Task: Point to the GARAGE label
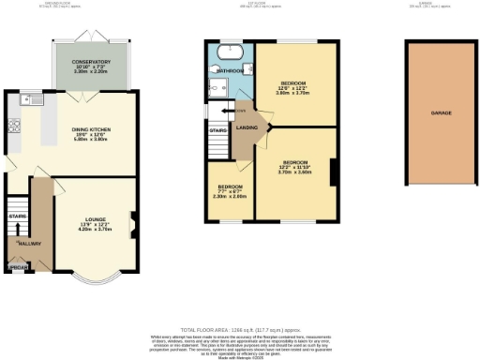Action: [442, 112]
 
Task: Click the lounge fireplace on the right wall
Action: [134, 223]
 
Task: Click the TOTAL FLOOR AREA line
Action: [239, 331]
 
